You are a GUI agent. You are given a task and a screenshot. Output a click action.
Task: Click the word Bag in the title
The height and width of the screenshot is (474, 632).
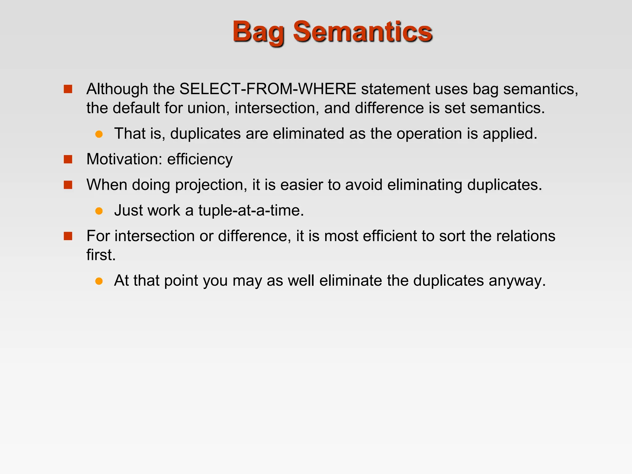(x=258, y=32)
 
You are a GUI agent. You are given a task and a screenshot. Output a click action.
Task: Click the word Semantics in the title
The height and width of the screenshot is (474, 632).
(x=363, y=31)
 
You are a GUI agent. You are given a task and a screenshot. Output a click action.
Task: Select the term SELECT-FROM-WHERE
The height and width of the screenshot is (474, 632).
(x=268, y=89)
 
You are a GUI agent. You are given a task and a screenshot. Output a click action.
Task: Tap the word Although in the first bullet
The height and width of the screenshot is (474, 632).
(x=117, y=89)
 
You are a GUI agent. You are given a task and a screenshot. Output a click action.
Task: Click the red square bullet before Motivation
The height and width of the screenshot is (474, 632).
(x=68, y=159)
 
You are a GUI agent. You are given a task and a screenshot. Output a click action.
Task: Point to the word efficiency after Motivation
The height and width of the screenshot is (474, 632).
(x=200, y=159)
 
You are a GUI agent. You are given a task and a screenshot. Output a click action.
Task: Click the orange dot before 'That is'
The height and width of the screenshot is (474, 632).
(x=99, y=134)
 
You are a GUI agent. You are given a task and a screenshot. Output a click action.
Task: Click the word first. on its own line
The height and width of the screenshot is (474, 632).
(x=101, y=255)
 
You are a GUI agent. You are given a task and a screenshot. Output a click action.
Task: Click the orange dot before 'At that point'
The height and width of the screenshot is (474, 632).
(x=99, y=281)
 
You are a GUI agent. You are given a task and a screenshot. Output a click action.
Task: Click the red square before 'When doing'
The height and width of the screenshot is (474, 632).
(x=68, y=185)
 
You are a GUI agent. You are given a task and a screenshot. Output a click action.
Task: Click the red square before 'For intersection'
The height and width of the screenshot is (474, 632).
(x=68, y=236)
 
